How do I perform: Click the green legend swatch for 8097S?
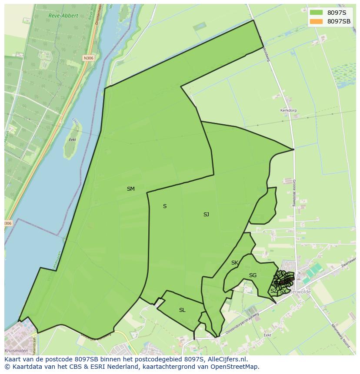point(316,13)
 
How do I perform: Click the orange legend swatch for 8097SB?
point(316,21)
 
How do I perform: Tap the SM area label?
point(130,189)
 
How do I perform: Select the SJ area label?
point(206,215)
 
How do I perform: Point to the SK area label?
point(234,263)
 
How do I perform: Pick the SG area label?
point(253,275)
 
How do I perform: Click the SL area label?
point(182,310)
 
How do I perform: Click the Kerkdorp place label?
point(288,110)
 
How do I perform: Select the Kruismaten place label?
point(16,351)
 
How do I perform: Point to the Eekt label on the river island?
point(72,140)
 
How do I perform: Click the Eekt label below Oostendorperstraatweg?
point(267,335)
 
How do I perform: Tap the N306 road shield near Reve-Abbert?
point(89,58)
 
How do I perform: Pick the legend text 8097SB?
point(339,21)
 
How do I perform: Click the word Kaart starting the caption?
point(13,359)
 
